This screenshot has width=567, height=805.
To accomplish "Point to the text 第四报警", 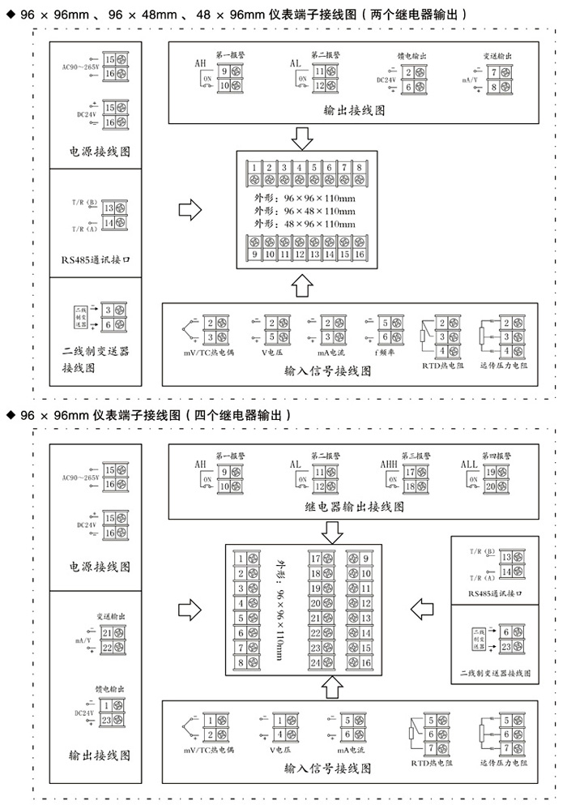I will pyautogui.click(x=496, y=454).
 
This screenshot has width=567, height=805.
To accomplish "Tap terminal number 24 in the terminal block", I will pyautogui.click(x=317, y=662).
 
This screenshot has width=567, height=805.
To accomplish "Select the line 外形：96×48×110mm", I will pyautogui.click(x=304, y=210).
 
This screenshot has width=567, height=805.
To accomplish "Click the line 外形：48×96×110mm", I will pyautogui.click(x=304, y=223).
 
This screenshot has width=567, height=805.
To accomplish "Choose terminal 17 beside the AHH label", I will pyautogui.click(x=410, y=472).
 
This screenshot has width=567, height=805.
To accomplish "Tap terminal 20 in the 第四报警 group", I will pyautogui.click(x=490, y=486).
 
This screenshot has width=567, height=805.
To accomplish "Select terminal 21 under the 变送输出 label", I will pyautogui.click(x=107, y=632).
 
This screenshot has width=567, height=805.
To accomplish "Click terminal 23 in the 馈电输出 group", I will pyautogui.click(x=107, y=718).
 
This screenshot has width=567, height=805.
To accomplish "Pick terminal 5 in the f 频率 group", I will pyautogui.click(x=386, y=323).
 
